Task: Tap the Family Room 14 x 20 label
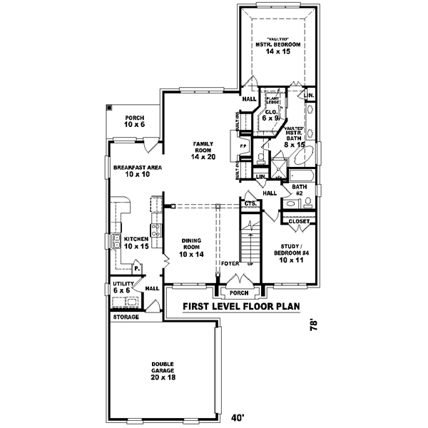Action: pyautogui.click(x=203, y=151)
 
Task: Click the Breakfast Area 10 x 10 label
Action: pyautogui.click(x=137, y=170)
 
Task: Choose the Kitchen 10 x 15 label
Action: pyautogui.click(x=136, y=243)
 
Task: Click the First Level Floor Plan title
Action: pyautogui.click(x=240, y=307)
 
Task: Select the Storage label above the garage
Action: pyautogui.click(x=126, y=316)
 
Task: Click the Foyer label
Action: pyautogui.click(x=229, y=263)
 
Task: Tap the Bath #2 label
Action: pyautogui.click(x=299, y=190)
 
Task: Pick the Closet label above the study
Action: pyautogui.click(x=299, y=221)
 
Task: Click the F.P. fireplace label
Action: pyautogui.click(x=243, y=146)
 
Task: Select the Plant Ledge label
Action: pyautogui.click(x=273, y=102)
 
